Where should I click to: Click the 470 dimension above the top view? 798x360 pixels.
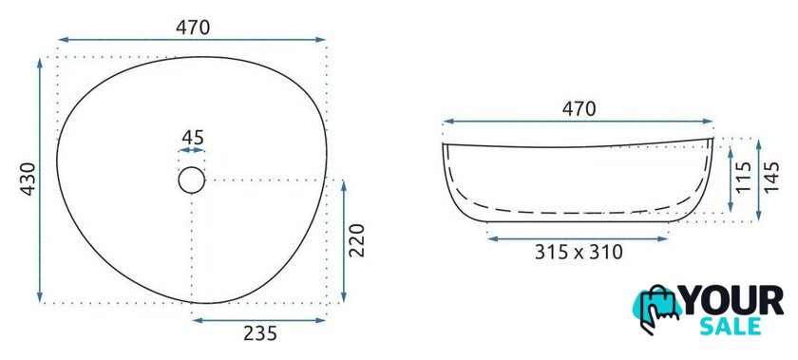(193, 28)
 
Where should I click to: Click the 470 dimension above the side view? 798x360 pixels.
(579, 109)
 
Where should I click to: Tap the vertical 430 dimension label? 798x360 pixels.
(28, 179)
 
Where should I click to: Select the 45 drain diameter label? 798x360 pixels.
(193, 138)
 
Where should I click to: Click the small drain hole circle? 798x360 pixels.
(191, 167)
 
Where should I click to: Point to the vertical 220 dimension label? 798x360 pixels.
(358, 240)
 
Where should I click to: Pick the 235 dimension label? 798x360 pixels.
(260, 333)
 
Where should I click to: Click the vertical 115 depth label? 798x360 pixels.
(744, 177)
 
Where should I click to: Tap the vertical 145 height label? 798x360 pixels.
(771, 177)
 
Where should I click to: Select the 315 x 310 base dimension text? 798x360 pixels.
(579, 252)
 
